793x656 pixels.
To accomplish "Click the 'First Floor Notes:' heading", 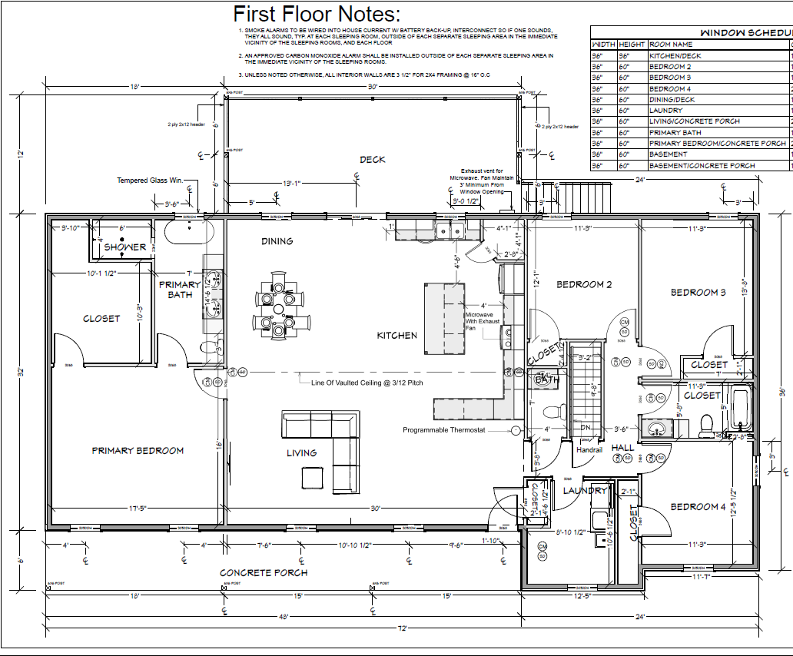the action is (x=317, y=14).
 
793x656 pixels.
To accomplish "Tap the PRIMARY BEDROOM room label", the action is (x=138, y=451).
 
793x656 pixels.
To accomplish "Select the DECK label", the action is (x=373, y=160).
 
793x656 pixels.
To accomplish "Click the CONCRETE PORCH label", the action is (x=264, y=572).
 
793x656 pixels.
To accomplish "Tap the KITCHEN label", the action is (x=396, y=336).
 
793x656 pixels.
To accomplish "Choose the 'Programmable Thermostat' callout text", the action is (x=444, y=430).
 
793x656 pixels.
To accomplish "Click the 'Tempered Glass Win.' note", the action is (x=150, y=181).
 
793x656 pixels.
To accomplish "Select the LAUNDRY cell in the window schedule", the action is (x=665, y=111).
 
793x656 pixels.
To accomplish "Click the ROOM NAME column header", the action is (x=671, y=45).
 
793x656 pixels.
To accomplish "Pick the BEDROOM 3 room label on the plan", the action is (x=698, y=293).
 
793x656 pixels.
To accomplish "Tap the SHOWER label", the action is (x=125, y=247).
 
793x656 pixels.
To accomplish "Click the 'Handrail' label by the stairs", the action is (x=589, y=449).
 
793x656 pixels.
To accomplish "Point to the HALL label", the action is (x=622, y=448).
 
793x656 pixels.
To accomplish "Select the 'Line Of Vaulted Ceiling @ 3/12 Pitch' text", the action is (x=367, y=382).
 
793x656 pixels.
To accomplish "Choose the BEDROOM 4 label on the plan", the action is (x=698, y=507).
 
